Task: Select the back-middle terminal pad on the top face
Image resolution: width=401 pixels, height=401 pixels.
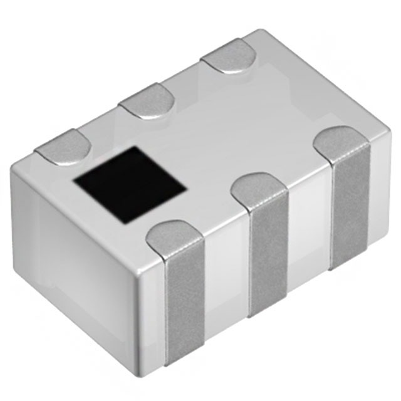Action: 147,102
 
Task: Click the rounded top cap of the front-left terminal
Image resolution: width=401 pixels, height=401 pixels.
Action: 175,237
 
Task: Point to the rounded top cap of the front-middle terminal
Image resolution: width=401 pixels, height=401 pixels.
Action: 261,190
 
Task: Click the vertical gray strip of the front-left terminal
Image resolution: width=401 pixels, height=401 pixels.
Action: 185,307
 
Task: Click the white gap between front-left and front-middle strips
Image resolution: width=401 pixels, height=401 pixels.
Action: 227,282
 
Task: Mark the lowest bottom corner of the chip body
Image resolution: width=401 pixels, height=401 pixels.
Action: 157,370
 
